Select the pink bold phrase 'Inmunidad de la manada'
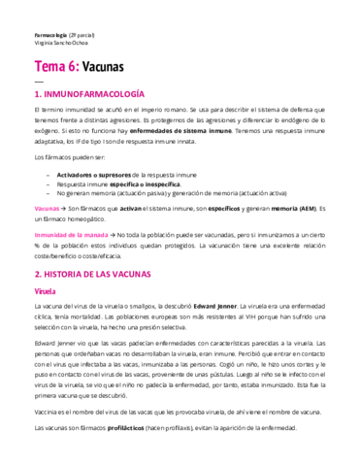(x=71, y=234)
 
